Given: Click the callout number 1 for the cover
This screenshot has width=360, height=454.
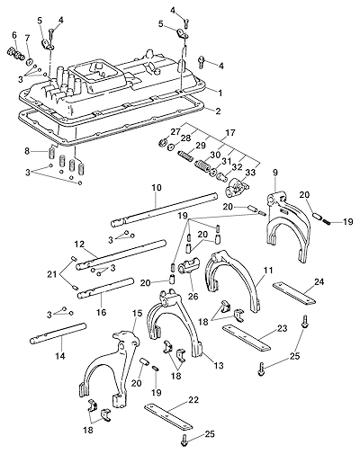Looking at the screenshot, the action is coord(220,93).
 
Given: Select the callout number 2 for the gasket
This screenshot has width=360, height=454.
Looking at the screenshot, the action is coord(218,111).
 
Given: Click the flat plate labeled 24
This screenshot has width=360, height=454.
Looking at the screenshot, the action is coord(294,294).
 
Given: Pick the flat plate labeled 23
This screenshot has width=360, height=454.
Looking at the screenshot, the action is coord(247,338).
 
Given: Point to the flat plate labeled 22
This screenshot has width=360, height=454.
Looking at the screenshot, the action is coord(168,416).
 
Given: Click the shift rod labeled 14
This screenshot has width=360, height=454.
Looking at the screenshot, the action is coord(58,334).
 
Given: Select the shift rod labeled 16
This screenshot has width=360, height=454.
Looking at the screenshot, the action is coord(105,289).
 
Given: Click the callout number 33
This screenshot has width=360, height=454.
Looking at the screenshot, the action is coord(250,173).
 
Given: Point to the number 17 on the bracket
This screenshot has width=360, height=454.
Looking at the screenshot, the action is coord(231,132).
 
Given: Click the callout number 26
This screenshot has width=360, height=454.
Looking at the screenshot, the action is coord(193,297).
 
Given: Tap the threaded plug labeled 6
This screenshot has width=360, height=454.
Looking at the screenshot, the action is coord(15,53).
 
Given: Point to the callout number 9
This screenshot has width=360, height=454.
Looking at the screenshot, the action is coord(275,173).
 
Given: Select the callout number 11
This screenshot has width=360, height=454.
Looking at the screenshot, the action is coord(268,271).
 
